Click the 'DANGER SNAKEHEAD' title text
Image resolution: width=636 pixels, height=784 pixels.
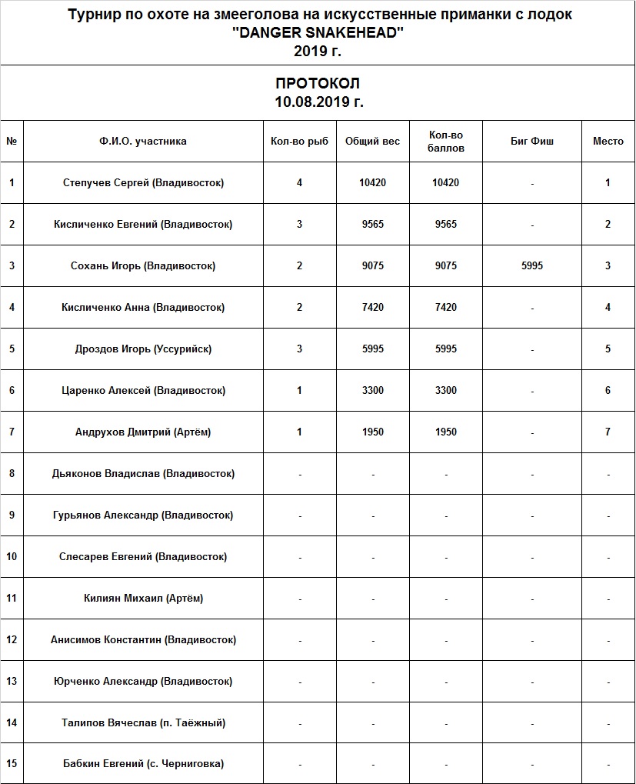pos(318,33)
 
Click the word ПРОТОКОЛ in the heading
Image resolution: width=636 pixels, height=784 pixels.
pos(318,84)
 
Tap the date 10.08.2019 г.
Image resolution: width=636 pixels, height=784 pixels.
pos(318,102)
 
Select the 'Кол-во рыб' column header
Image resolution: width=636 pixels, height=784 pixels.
pos(299,142)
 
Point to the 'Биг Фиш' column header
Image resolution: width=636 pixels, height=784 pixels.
pos(531,142)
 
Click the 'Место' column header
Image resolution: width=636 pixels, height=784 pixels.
pos(608,142)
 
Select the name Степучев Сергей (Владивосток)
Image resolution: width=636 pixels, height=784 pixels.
pos(143,183)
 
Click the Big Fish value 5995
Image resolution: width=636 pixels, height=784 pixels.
pos(531,266)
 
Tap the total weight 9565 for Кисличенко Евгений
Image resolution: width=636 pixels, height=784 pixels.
pos(372,225)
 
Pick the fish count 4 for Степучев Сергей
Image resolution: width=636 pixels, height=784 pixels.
pos(299,183)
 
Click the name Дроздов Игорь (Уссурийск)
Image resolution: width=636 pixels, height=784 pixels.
pos(143,349)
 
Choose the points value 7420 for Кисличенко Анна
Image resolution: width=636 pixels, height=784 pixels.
pos(445,308)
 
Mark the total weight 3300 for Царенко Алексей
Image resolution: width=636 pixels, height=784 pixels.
pos(372,391)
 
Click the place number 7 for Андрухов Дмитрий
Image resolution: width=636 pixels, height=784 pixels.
pos(608,432)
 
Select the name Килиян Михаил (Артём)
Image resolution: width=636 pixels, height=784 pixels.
pos(143,598)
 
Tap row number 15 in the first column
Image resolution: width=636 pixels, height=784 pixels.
pos(12,764)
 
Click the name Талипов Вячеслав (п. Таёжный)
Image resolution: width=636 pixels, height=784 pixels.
pos(143,722)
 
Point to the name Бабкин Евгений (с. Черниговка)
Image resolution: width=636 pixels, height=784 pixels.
pos(143,764)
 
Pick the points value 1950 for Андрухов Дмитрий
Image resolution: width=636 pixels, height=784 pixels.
pos(445,432)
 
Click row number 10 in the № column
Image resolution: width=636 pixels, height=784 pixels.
pos(12,556)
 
